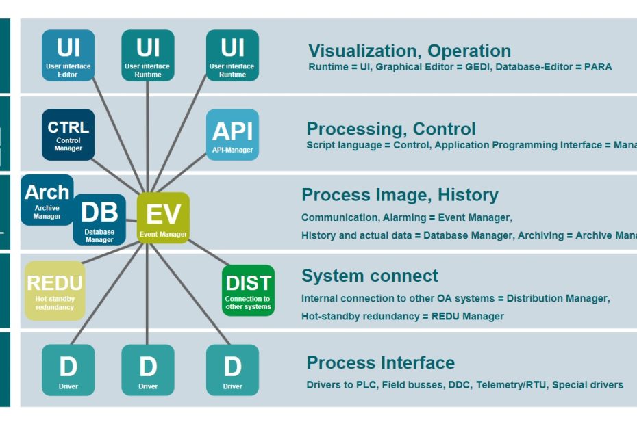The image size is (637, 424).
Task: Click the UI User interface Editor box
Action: (68, 55)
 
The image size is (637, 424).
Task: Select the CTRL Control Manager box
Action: (68, 135)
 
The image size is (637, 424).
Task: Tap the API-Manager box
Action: (232, 135)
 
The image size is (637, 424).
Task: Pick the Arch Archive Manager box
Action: (47, 200)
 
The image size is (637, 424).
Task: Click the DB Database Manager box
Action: (100, 220)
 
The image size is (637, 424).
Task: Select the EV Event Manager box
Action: (163, 218)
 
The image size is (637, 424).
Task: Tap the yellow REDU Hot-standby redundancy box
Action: (55, 291)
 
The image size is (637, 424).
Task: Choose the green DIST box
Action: (248, 291)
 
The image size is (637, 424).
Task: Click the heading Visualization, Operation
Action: (409, 51)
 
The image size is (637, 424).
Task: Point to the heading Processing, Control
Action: (391, 129)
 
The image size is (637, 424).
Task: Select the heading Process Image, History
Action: (399, 195)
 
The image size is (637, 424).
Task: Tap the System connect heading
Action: (369, 276)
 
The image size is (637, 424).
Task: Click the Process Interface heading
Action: (380, 362)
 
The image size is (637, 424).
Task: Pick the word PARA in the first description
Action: (598, 67)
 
